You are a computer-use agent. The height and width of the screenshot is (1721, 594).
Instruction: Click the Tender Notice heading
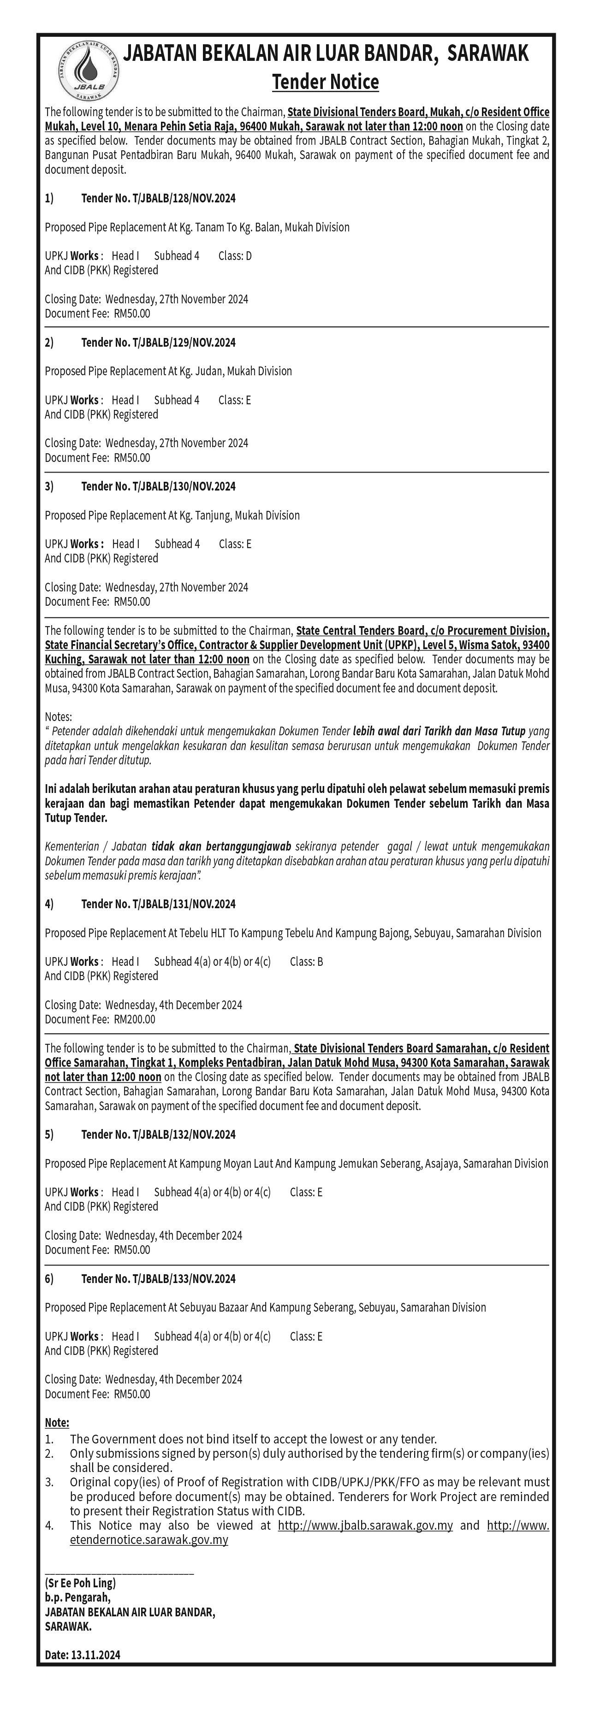pos(326,82)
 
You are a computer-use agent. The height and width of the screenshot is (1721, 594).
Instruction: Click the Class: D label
pos(235,256)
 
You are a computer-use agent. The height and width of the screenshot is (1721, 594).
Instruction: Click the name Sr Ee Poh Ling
pos(80,1583)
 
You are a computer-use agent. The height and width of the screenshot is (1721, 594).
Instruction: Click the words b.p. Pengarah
pos(77,1597)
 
